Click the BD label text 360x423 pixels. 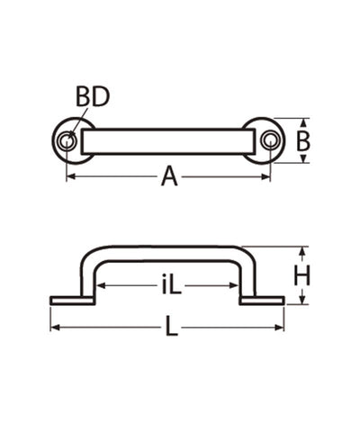(x=93, y=95)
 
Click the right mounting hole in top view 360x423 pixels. (x=270, y=140)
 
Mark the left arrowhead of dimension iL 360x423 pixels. (x=102, y=287)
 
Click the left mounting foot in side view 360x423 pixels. (x=67, y=300)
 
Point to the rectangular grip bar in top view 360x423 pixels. (x=168, y=140)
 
